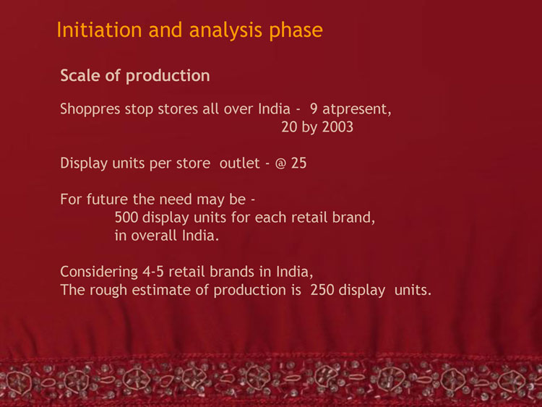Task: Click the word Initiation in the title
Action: coord(99,30)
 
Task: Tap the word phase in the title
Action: coord(296,30)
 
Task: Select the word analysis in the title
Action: coord(225,30)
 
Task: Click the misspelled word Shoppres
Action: coord(90,110)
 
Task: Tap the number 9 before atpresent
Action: coord(314,109)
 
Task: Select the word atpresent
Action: coord(357,110)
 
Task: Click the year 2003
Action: coord(337,127)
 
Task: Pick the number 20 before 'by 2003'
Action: coord(289,127)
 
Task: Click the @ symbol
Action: coord(280,163)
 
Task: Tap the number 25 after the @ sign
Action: coord(298,163)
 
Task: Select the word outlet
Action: coord(239,163)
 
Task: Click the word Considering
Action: coord(99,272)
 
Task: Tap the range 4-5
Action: coord(153,272)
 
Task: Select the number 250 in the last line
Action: coord(322,290)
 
